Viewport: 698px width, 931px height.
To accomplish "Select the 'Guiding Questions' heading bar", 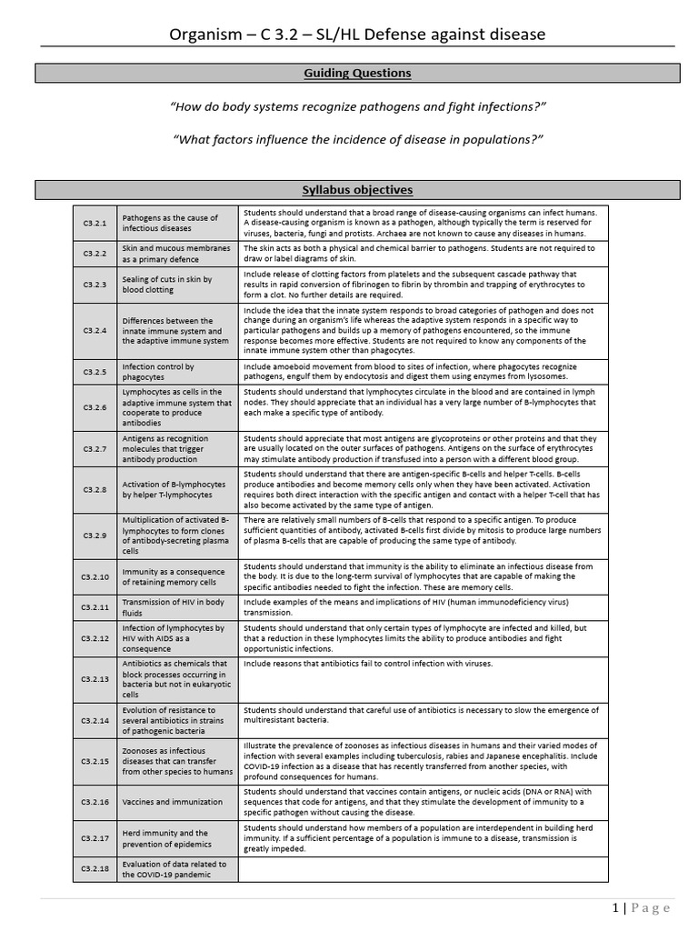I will (357, 73).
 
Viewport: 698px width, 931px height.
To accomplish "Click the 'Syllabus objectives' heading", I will (357, 190).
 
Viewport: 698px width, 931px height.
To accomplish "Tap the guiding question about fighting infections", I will (358, 107).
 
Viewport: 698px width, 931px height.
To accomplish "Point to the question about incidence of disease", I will (357, 139).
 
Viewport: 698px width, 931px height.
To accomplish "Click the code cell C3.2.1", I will (95, 223).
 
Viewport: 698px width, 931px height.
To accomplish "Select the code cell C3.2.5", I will (95, 372).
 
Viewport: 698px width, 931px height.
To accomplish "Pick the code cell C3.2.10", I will (95, 577).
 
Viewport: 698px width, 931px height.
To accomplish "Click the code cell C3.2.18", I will (95, 869).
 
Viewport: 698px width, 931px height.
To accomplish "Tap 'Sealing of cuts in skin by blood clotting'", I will (167, 285).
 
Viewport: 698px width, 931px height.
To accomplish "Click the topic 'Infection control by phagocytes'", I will (158, 372).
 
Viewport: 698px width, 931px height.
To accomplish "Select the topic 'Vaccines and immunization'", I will (172, 802).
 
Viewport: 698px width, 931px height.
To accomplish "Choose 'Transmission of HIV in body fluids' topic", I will (173, 606).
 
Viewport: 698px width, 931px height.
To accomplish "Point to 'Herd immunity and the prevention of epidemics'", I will (165, 837).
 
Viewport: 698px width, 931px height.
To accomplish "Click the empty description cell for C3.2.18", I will (423, 869).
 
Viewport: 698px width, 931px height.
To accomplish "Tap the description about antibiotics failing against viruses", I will (367, 664).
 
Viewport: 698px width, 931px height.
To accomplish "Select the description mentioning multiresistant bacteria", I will (419, 715).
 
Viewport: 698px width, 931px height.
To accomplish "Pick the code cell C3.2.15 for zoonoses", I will (95, 761).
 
